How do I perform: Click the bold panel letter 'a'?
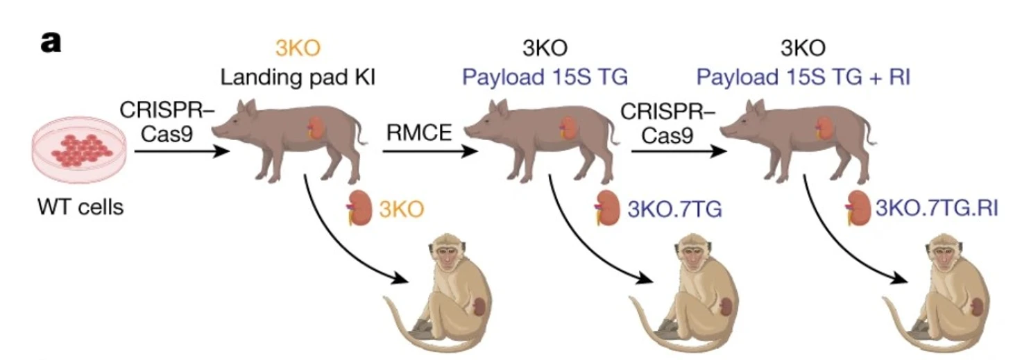pos(51,42)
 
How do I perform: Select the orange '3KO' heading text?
pos(298,49)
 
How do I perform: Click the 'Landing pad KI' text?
pos(298,77)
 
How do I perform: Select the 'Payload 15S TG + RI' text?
pos(803,77)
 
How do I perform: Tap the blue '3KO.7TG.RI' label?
pos(936,207)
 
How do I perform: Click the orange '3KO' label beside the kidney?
pos(398,208)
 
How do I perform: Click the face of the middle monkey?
pos(693,254)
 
